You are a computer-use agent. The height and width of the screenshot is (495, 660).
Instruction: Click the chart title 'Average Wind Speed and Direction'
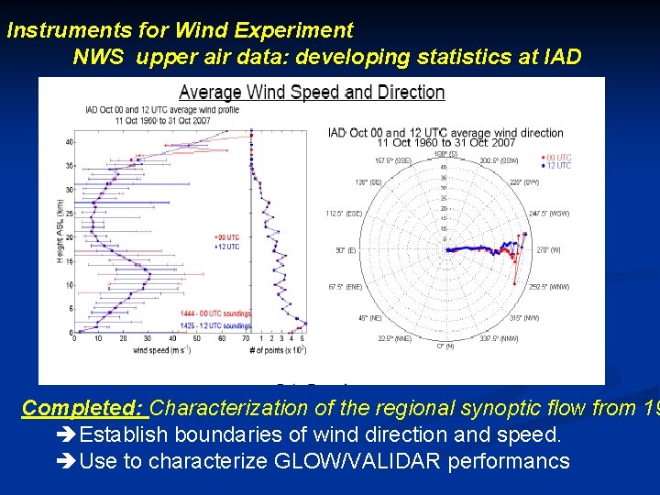click(312, 93)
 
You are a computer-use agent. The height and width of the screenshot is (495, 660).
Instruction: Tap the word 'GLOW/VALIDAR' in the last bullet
click(338, 461)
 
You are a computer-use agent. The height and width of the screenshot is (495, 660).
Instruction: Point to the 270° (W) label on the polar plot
click(549, 249)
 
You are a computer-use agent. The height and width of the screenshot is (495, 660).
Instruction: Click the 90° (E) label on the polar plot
click(346, 250)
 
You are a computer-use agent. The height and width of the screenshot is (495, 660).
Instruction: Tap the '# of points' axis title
click(280, 350)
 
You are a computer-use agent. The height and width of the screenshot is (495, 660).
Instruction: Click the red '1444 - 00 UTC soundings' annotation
click(215, 314)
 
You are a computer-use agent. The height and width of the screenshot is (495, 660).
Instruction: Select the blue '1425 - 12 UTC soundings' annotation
click(215, 325)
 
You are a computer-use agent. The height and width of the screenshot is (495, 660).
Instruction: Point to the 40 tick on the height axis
click(70, 142)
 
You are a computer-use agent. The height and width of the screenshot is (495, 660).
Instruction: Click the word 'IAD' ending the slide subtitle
click(560, 57)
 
